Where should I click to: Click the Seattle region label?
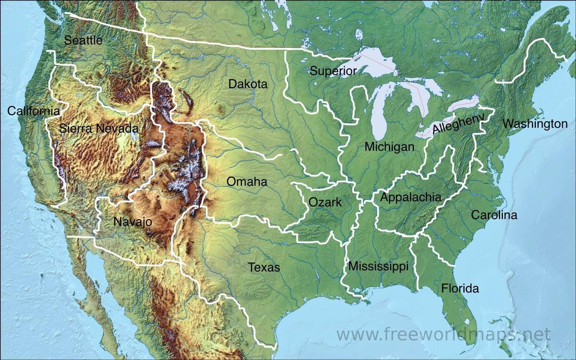pyautogui.click(x=83, y=40)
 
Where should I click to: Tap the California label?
pyautogui.click(x=33, y=111)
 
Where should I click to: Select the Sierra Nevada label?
pyautogui.click(x=99, y=128)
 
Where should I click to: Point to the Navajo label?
pyautogui.click(x=133, y=221)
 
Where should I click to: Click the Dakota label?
pyautogui.click(x=248, y=84)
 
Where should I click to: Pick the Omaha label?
pyautogui.click(x=247, y=182)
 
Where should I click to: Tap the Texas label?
pyautogui.click(x=264, y=267)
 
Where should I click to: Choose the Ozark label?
pyautogui.click(x=325, y=202)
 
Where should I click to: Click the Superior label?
pyautogui.click(x=333, y=71)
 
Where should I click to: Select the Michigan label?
pyautogui.click(x=389, y=147)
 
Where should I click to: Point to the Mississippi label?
pyautogui.click(x=378, y=266)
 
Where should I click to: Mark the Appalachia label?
pyautogui.click(x=411, y=197)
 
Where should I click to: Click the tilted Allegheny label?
pyautogui.click(x=458, y=123)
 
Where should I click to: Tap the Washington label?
pyautogui.click(x=535, y=124)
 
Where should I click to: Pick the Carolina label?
pyautogui.click(x=494, y=215)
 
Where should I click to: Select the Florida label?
pyautogui.click(x=460, y=288)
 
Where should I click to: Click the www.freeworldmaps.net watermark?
pyautogui.click(x=444, y=334)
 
